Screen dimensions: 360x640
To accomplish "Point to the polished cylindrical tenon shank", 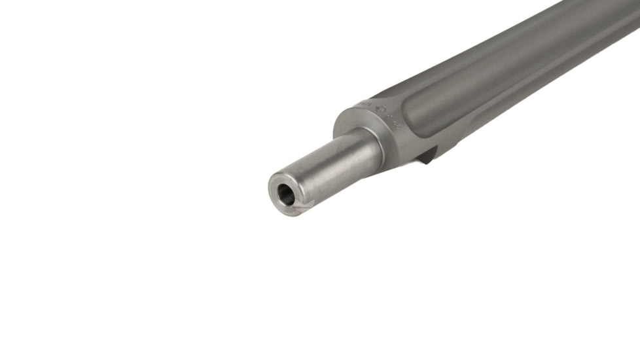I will (x=334, y=167).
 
